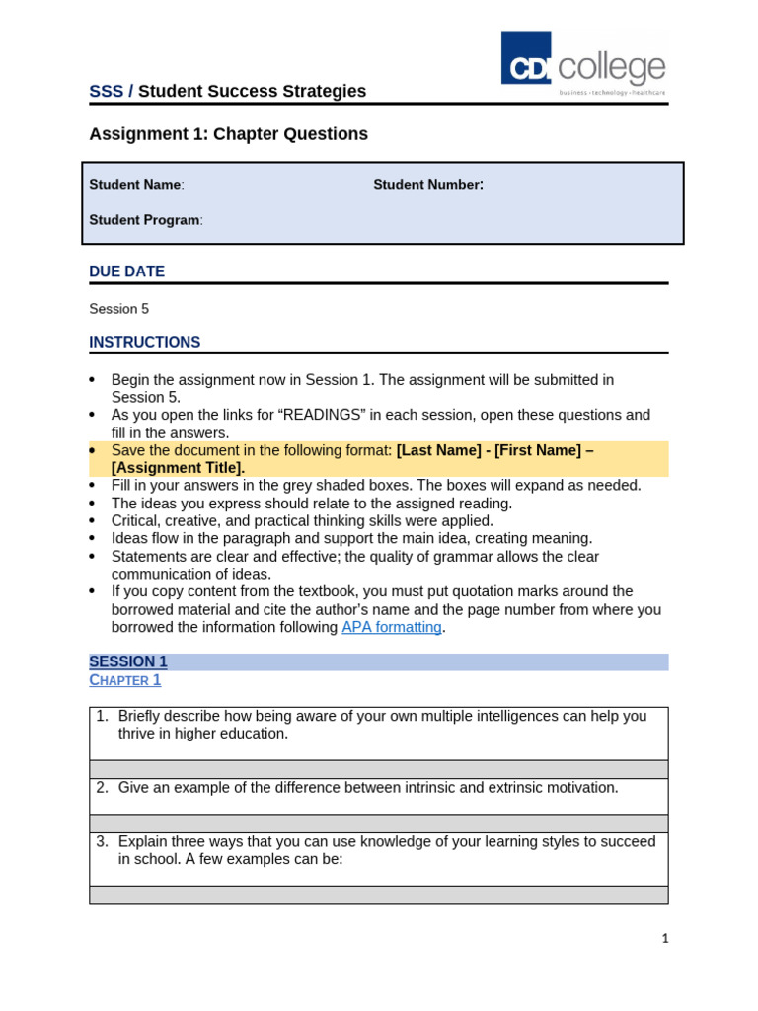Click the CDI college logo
tap(582, 65)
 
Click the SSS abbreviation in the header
tap(106, 92)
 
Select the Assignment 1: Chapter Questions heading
tap(228, 134)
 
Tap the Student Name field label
tap(135, 185)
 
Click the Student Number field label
tap(427, 185)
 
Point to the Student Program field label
tap(145, 220)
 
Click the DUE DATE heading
tap(126, 272)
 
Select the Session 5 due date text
tap(118, 309)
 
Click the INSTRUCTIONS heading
tap(144, 343)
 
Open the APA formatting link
tap(391, 627)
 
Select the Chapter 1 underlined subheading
tap(124, 680)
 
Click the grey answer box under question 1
tap(378, 769)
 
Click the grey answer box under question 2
tap(378, 823)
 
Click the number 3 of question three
tap(102, 841)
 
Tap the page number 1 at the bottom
tap(665, 939)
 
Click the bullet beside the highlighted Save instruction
tap(93, 450)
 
